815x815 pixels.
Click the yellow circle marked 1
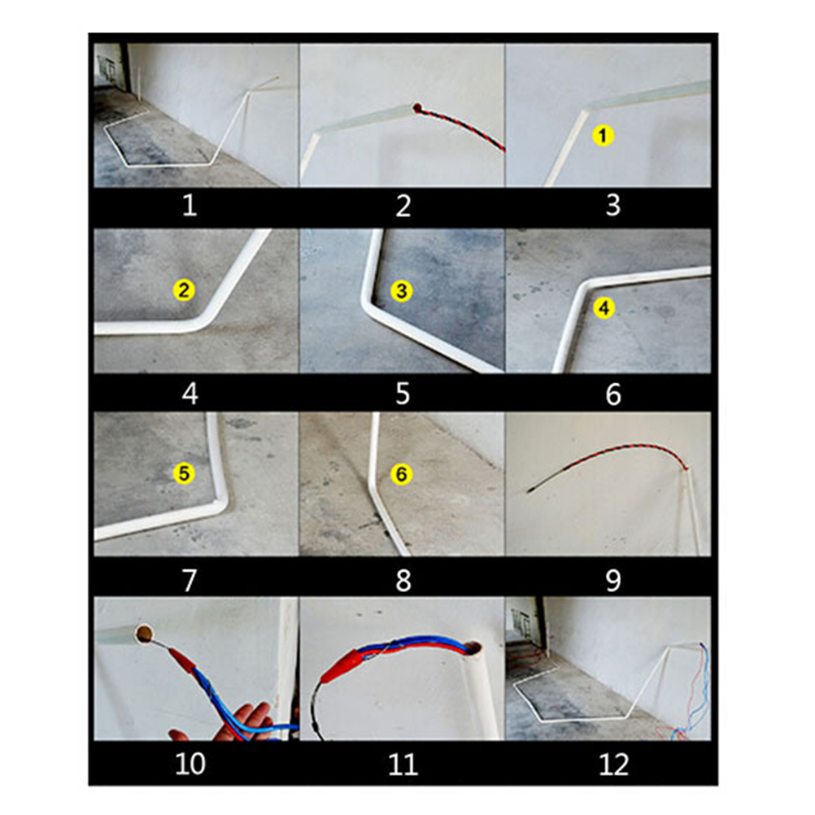[x=603, y=136]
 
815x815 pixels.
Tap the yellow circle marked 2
[x=184, y=290]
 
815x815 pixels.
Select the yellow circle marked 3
[x=402, y=291]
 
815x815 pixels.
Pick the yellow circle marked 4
[x=604, y=307]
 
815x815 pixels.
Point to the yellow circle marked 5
[x=184, y=473]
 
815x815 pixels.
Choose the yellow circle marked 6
[x=402, y=474]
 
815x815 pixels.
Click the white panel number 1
[x=190, y=205]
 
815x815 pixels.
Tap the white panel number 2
[x=403, y=205]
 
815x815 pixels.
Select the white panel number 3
[x=613, y=205]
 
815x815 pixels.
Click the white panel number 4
[x=190, y=394]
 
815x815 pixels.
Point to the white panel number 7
[x=190, y=580]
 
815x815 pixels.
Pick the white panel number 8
[x=403, y=580]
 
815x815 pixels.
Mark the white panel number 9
[x=613, y=580]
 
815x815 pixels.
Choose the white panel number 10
[x=190, y=765]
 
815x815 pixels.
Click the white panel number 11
[x=403, y=765]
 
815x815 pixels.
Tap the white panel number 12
[x=614, y=765]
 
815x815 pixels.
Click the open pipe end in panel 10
[x=144, y=634]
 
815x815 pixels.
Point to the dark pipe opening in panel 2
[x=417, y=108]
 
